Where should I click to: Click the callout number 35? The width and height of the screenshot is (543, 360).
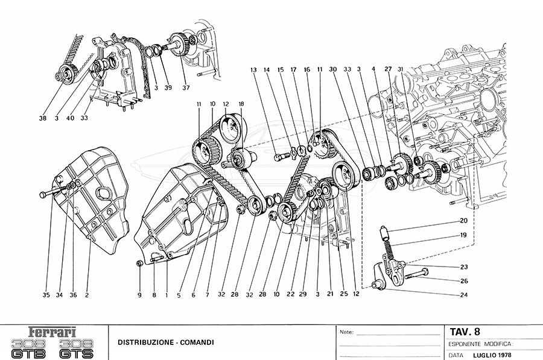[46, 295]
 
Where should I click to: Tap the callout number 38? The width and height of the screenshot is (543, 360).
[42, 118]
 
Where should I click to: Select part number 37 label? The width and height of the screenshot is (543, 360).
[186, 87]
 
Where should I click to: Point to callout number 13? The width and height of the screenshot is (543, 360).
[254, 69]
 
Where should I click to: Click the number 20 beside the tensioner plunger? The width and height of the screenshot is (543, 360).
[463, 221]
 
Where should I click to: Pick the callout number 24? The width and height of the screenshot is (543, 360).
[463, 295]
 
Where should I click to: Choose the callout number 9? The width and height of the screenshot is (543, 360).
[139, 295]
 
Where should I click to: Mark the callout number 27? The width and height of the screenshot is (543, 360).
[387, 69]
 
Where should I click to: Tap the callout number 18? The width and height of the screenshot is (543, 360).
[241, 104]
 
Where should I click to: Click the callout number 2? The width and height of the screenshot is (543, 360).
[87, 295]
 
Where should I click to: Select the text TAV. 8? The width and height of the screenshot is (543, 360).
[465, 331]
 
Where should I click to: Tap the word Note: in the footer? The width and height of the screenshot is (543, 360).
[346, 332]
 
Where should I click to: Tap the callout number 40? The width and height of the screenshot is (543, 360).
[71, 118]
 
